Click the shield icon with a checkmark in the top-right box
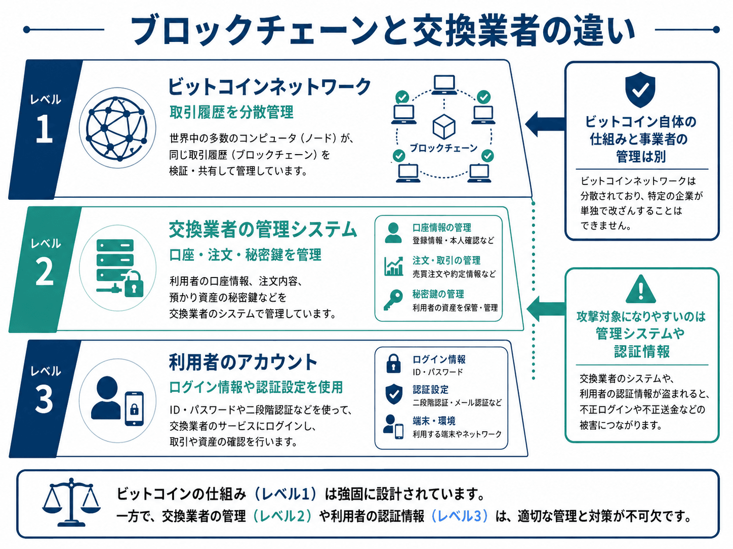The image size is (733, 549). coord(640,89)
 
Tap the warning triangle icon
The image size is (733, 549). coord(640,289)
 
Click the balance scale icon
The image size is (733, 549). coord(71,502)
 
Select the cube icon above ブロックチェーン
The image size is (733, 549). coord(444,127)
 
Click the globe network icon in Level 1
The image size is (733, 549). coord(117,128)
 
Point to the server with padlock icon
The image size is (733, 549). coord(119,268)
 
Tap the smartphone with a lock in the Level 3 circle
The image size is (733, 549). coord(134,408)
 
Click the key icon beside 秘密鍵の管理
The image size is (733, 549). coord(393,300)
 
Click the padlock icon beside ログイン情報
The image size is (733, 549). coord(393,363)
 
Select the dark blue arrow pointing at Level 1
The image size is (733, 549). coord(545,124)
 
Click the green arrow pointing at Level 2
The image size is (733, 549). coord(546,309)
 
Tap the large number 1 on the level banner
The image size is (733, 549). coord(44,129)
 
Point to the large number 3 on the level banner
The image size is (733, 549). coord(44,400)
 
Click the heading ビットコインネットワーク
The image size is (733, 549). coord(269,86)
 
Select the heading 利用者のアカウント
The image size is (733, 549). coord(243,362)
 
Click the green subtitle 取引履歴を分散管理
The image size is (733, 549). coord(231,112)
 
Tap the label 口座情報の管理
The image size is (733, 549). coord(442,227)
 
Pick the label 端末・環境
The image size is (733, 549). coord(434,421)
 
